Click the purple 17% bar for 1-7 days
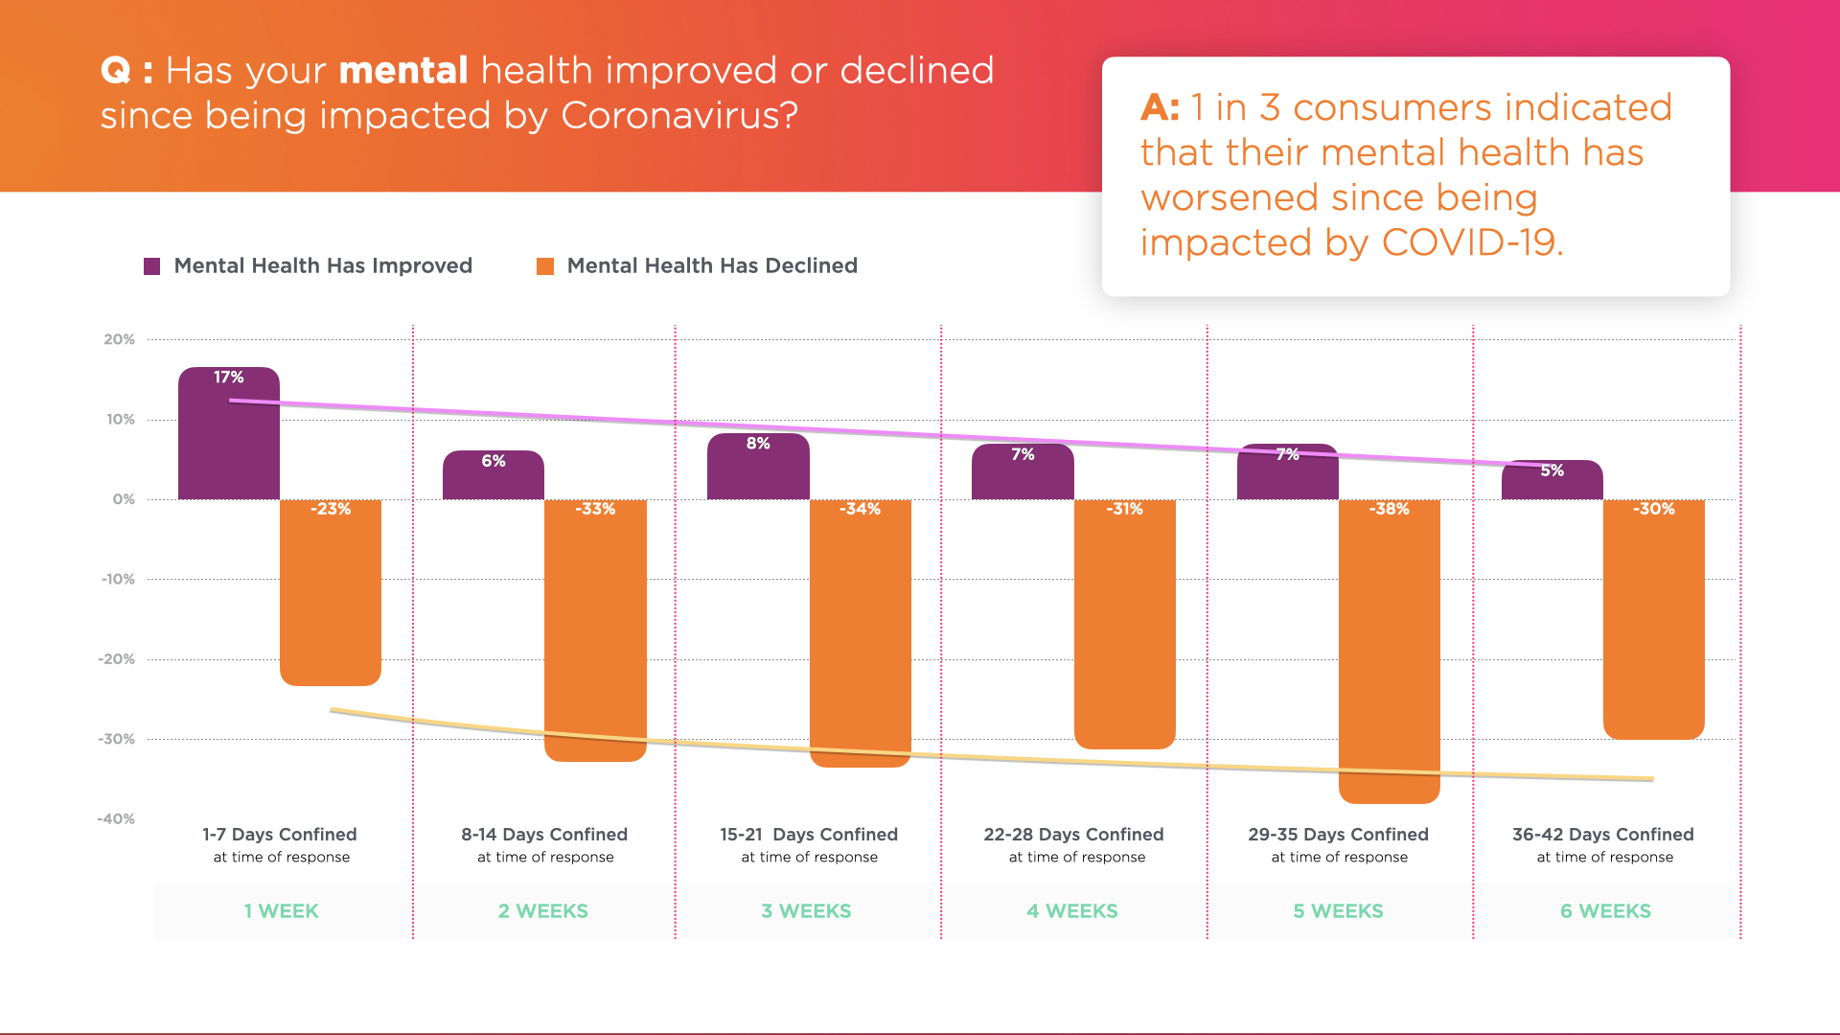point(228,436)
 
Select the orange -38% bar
point(1389,652)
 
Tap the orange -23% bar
point(330,594)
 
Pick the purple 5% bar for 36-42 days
point(1552,482)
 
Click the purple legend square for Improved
point(151,266)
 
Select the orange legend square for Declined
point(545,266)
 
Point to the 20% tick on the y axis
point(120,339)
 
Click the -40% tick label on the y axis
point(116,818)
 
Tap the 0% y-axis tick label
point(124,499)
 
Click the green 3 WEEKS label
point(806,911)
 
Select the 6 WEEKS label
point(1605,911)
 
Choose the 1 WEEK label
point(281,911)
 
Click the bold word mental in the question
point(403,71)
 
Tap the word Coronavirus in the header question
point(678,116)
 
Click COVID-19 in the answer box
point(1472,242)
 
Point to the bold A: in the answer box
point(1160,107)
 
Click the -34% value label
point(860,509)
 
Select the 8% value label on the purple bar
point(758,444)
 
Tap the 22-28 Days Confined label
point(1073,835)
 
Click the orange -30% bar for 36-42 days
point(1653,623)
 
